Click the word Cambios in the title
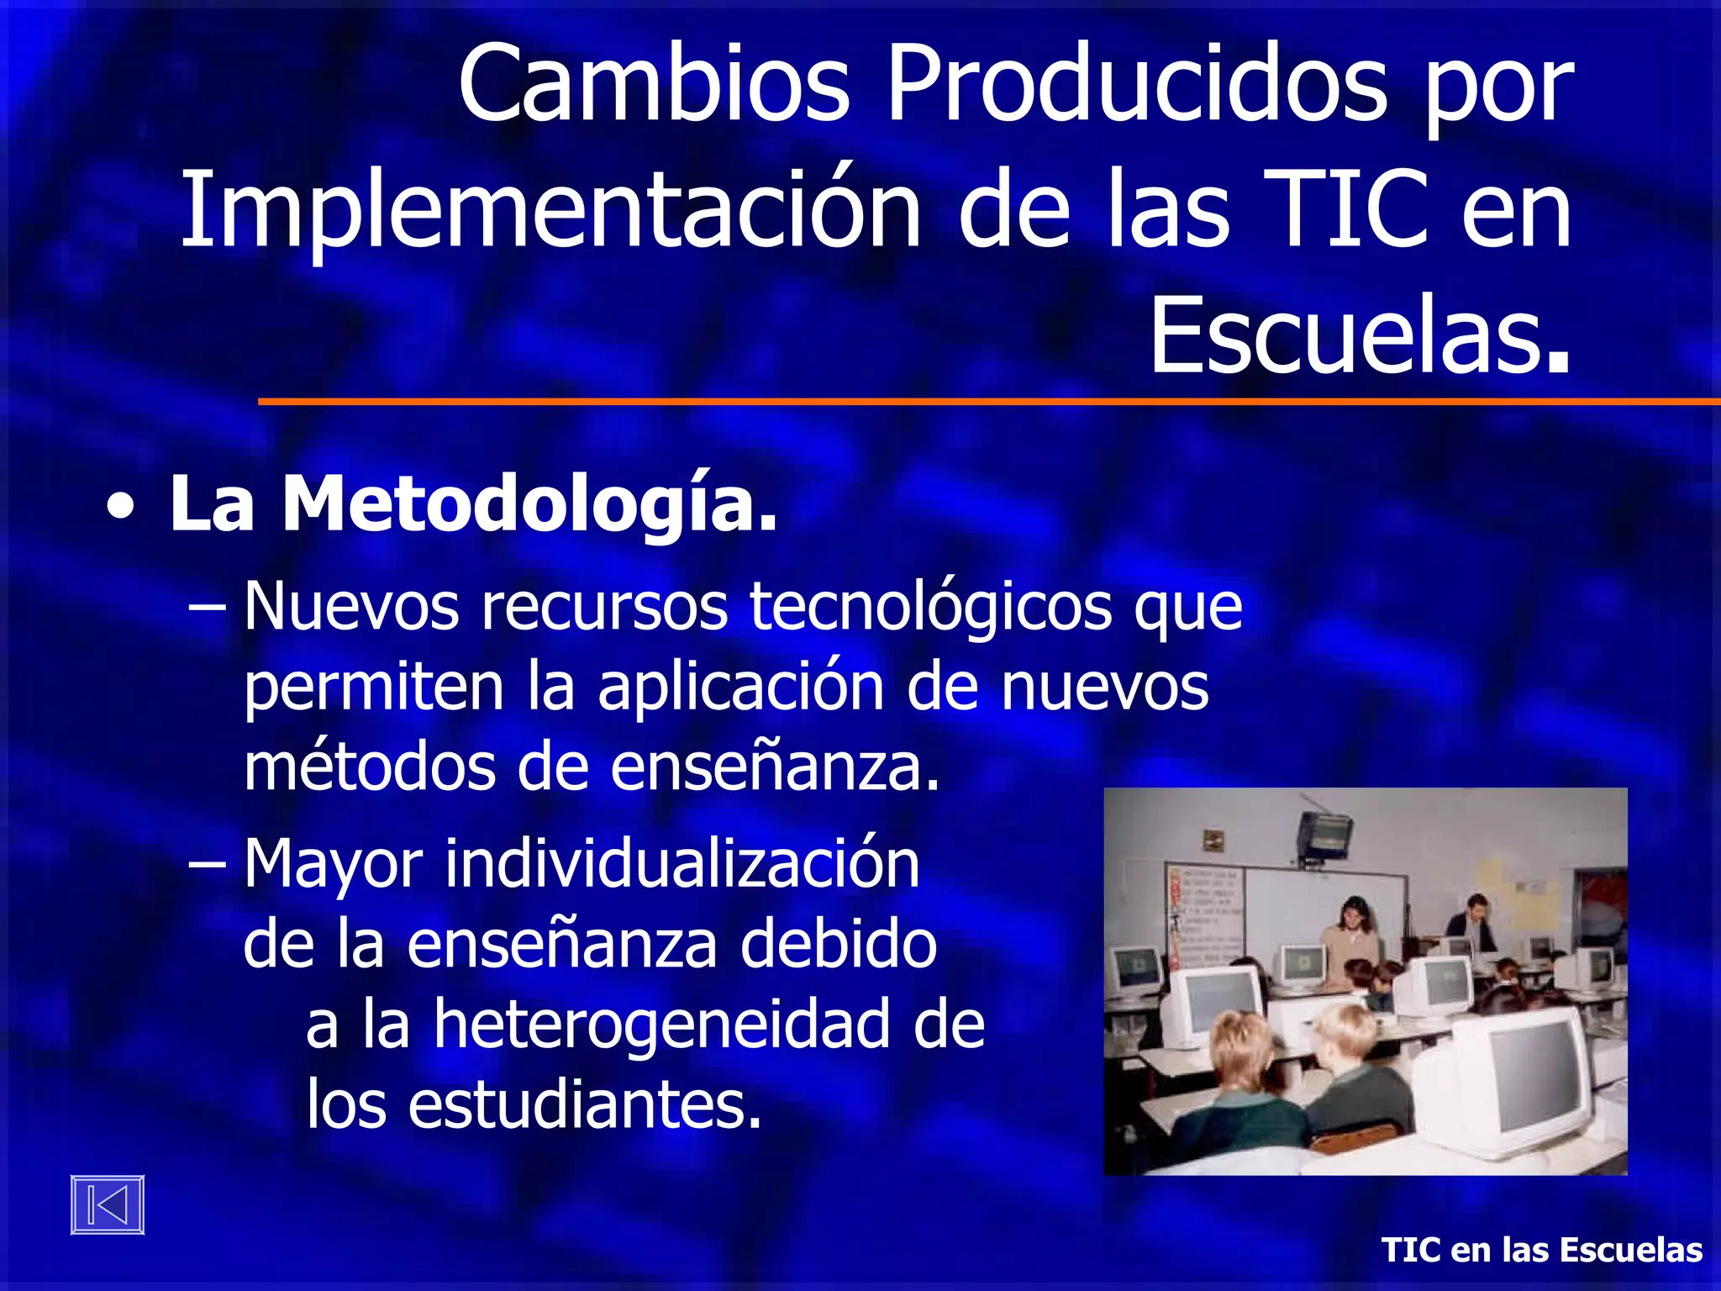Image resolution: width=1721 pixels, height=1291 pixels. click(654, 84)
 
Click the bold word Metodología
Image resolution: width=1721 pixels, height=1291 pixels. click(529, 504)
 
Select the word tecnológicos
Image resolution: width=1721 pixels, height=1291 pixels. click(930, 607)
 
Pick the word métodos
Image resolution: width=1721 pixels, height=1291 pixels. click(370, 767)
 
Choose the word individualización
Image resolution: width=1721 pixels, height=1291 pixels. click(682, 864)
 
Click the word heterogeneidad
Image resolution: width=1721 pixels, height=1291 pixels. click(661, 1025)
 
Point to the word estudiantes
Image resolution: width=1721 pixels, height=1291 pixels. click(585, 1104)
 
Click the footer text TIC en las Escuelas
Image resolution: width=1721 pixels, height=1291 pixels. click(1542, 1250)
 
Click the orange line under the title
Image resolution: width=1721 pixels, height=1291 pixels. click(988, 402)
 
